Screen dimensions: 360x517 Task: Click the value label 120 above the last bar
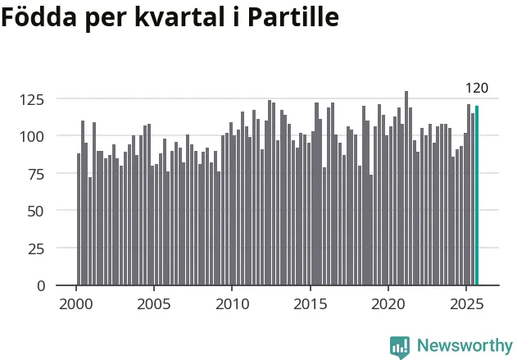click(x=477, y=88)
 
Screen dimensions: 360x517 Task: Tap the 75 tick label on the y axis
click(x=36, y=174)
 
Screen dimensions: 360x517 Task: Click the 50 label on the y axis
click(x=36, y=211)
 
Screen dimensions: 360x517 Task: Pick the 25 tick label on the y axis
click(x=36, y=248)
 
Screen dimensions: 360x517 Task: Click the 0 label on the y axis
click(x=41, y=286)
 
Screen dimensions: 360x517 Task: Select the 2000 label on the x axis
click(x=76, y=303)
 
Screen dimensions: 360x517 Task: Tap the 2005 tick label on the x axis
click(x=154, y=303)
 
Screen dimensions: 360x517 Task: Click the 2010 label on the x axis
click(x=232, y=303)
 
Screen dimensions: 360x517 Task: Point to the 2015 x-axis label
click(x=310, y=303)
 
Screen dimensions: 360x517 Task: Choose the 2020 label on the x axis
click(x=388, y=303)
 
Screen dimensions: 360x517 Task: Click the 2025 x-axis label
click(x=465, y=303)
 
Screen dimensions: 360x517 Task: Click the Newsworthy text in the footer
click(x=464, y=346)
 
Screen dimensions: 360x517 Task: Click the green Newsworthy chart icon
click(x=400, y=347)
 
